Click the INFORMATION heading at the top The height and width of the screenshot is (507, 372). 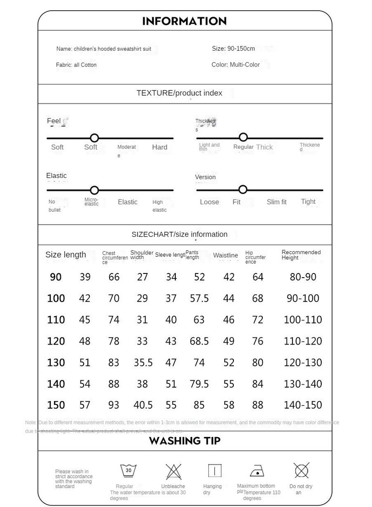[x=185, y=21]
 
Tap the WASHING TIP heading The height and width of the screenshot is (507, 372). [x=185, y=441]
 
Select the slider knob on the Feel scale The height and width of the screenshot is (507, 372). [x=94, y=138]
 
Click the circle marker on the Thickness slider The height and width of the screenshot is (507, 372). [x=243, y=137]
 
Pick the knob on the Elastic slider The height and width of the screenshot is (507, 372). [x=94, y=190]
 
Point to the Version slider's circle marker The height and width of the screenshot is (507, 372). [x=242, y=189]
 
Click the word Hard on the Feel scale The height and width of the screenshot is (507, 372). [x=159, y=147]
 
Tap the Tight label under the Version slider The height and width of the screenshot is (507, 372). [x=308, y=201]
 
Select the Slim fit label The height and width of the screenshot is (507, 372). [x=277, y=202]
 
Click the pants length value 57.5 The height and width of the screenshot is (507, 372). [x=199, y=299]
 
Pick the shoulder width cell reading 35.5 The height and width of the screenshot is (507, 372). [x=143, y=363]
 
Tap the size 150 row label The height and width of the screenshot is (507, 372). [x=56, y=405]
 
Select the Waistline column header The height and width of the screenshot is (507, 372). [x=226, y=255]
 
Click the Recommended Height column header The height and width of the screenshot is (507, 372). [x=301, y=255]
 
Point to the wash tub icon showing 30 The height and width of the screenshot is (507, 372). [x=128, y=471]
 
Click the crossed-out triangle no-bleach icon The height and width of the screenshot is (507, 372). [x=173, y=472]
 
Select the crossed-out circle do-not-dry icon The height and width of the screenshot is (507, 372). [x=301, y=470]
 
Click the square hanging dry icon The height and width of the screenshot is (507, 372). [x=214, y=471]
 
